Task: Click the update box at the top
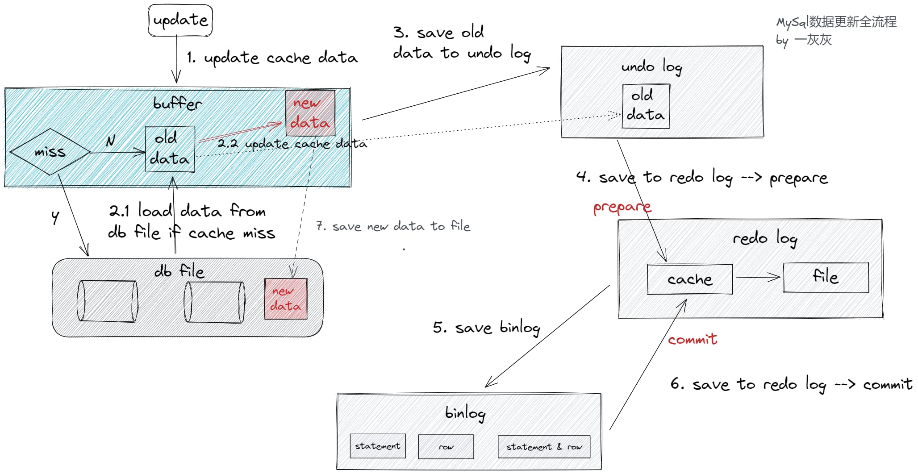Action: pos(180,20)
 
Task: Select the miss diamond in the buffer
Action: pos(50,152)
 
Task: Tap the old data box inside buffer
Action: pos(170,149)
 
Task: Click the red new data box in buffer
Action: pos(310,113)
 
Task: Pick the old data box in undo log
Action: pos(646,106)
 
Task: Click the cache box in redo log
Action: pos(689,279)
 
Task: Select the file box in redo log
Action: pos(826,277)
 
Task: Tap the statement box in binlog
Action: pos(378,446)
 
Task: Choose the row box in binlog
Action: pos(446,447)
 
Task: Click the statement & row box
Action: pos(544,447)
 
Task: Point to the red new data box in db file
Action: pos(286,299)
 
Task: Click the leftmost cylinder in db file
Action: pos(107,301)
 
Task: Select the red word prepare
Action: pos(622,208)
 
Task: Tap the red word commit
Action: pos(692,340)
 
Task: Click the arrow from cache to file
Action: pos(758,278)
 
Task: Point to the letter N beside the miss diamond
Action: pos(110,141)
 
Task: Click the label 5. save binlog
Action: pos(486,328)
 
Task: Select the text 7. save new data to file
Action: pos(393,226)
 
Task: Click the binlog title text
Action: pos(465,412)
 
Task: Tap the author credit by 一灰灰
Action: pos(804,40)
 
